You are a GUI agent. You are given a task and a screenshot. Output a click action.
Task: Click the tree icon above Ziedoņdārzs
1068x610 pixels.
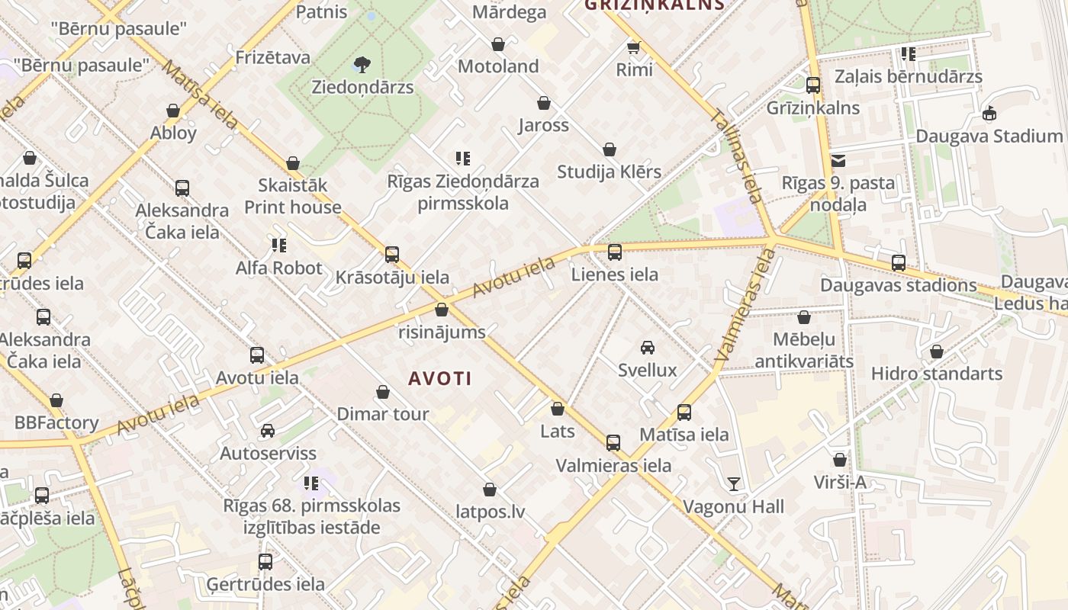click(x=362, y=64)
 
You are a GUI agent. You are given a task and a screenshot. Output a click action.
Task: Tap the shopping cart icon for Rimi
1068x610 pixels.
click(x=633, y=48)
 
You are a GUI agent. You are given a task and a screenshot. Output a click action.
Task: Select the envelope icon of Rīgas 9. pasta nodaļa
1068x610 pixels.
click(x=838, y=161)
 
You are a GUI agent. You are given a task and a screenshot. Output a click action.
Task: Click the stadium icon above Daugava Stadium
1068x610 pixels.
click(x=989, y=114)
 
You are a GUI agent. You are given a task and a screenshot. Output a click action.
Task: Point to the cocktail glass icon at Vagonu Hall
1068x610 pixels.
click(x=733, y=483)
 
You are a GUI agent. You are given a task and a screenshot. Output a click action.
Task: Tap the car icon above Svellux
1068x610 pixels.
click(x=648, y=348)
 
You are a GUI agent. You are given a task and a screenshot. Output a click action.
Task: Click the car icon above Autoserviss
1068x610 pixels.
click(x=268, y=431)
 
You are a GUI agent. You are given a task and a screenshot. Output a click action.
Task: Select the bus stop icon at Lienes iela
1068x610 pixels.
click(x=615, y=252)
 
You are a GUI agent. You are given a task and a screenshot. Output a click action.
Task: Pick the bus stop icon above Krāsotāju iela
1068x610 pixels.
click(x=392, y=255)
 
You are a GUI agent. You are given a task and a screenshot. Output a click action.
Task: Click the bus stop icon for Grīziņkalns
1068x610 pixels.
click(x=813, y=85)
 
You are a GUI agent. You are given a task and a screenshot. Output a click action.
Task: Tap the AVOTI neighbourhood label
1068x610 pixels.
click(x=440, y=378)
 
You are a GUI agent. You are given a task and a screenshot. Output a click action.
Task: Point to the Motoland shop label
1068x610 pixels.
click(x=498, y=66)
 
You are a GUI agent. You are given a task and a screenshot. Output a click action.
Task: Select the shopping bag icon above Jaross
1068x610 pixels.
click(x=544, y=103)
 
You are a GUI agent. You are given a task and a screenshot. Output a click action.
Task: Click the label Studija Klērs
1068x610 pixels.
click(x=609, y=172)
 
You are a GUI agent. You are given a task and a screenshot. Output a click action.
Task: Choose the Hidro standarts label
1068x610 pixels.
click(x=937, y=374)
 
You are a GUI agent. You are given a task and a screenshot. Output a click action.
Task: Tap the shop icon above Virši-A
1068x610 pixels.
click(x=840, y=460)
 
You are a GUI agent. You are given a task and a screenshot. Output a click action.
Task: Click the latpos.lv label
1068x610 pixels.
click(x=490, y=512)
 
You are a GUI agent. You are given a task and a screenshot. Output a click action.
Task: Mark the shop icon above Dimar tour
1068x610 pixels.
click(x=383, y=392)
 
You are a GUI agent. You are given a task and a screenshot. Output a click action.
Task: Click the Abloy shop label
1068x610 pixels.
click(x=173, y=133)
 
